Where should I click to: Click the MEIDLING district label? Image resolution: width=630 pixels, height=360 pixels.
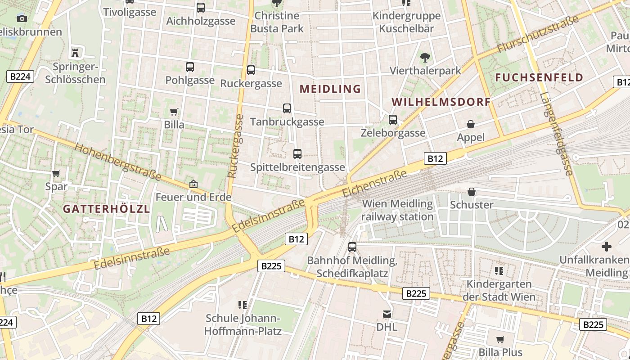pos(330,89)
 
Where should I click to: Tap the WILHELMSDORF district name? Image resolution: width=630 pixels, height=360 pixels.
pos(441,102)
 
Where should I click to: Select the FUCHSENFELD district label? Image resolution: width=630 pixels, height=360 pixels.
pos(539,77)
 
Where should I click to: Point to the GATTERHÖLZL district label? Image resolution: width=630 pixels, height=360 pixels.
pos(106,209)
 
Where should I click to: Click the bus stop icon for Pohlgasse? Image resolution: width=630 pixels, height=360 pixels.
pos(190,67)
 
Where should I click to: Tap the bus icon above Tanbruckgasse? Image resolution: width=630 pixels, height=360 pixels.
pos(287,108)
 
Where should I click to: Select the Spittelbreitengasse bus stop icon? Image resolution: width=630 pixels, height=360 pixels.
pos(297,154)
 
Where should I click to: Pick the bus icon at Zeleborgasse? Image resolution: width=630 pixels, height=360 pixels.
pos(393,120)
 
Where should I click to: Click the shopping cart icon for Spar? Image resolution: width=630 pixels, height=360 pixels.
pos(56,173)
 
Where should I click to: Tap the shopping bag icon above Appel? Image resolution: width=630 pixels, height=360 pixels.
pos(471,124)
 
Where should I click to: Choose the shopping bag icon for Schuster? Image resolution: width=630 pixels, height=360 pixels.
pos(472,192)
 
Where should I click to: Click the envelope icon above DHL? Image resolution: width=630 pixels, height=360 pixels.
pos(387,314)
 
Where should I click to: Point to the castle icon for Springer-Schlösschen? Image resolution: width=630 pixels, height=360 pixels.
pos(75,53)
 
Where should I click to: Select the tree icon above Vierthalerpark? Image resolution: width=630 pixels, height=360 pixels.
pos(425,58)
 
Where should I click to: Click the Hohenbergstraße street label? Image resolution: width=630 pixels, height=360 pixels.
pos(117,161)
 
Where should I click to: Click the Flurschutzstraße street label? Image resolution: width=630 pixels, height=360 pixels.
pos(537,34)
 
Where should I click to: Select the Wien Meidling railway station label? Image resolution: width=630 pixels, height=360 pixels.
pos(397,210)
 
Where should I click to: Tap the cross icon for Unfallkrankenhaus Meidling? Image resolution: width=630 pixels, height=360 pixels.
pos(607,247)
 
